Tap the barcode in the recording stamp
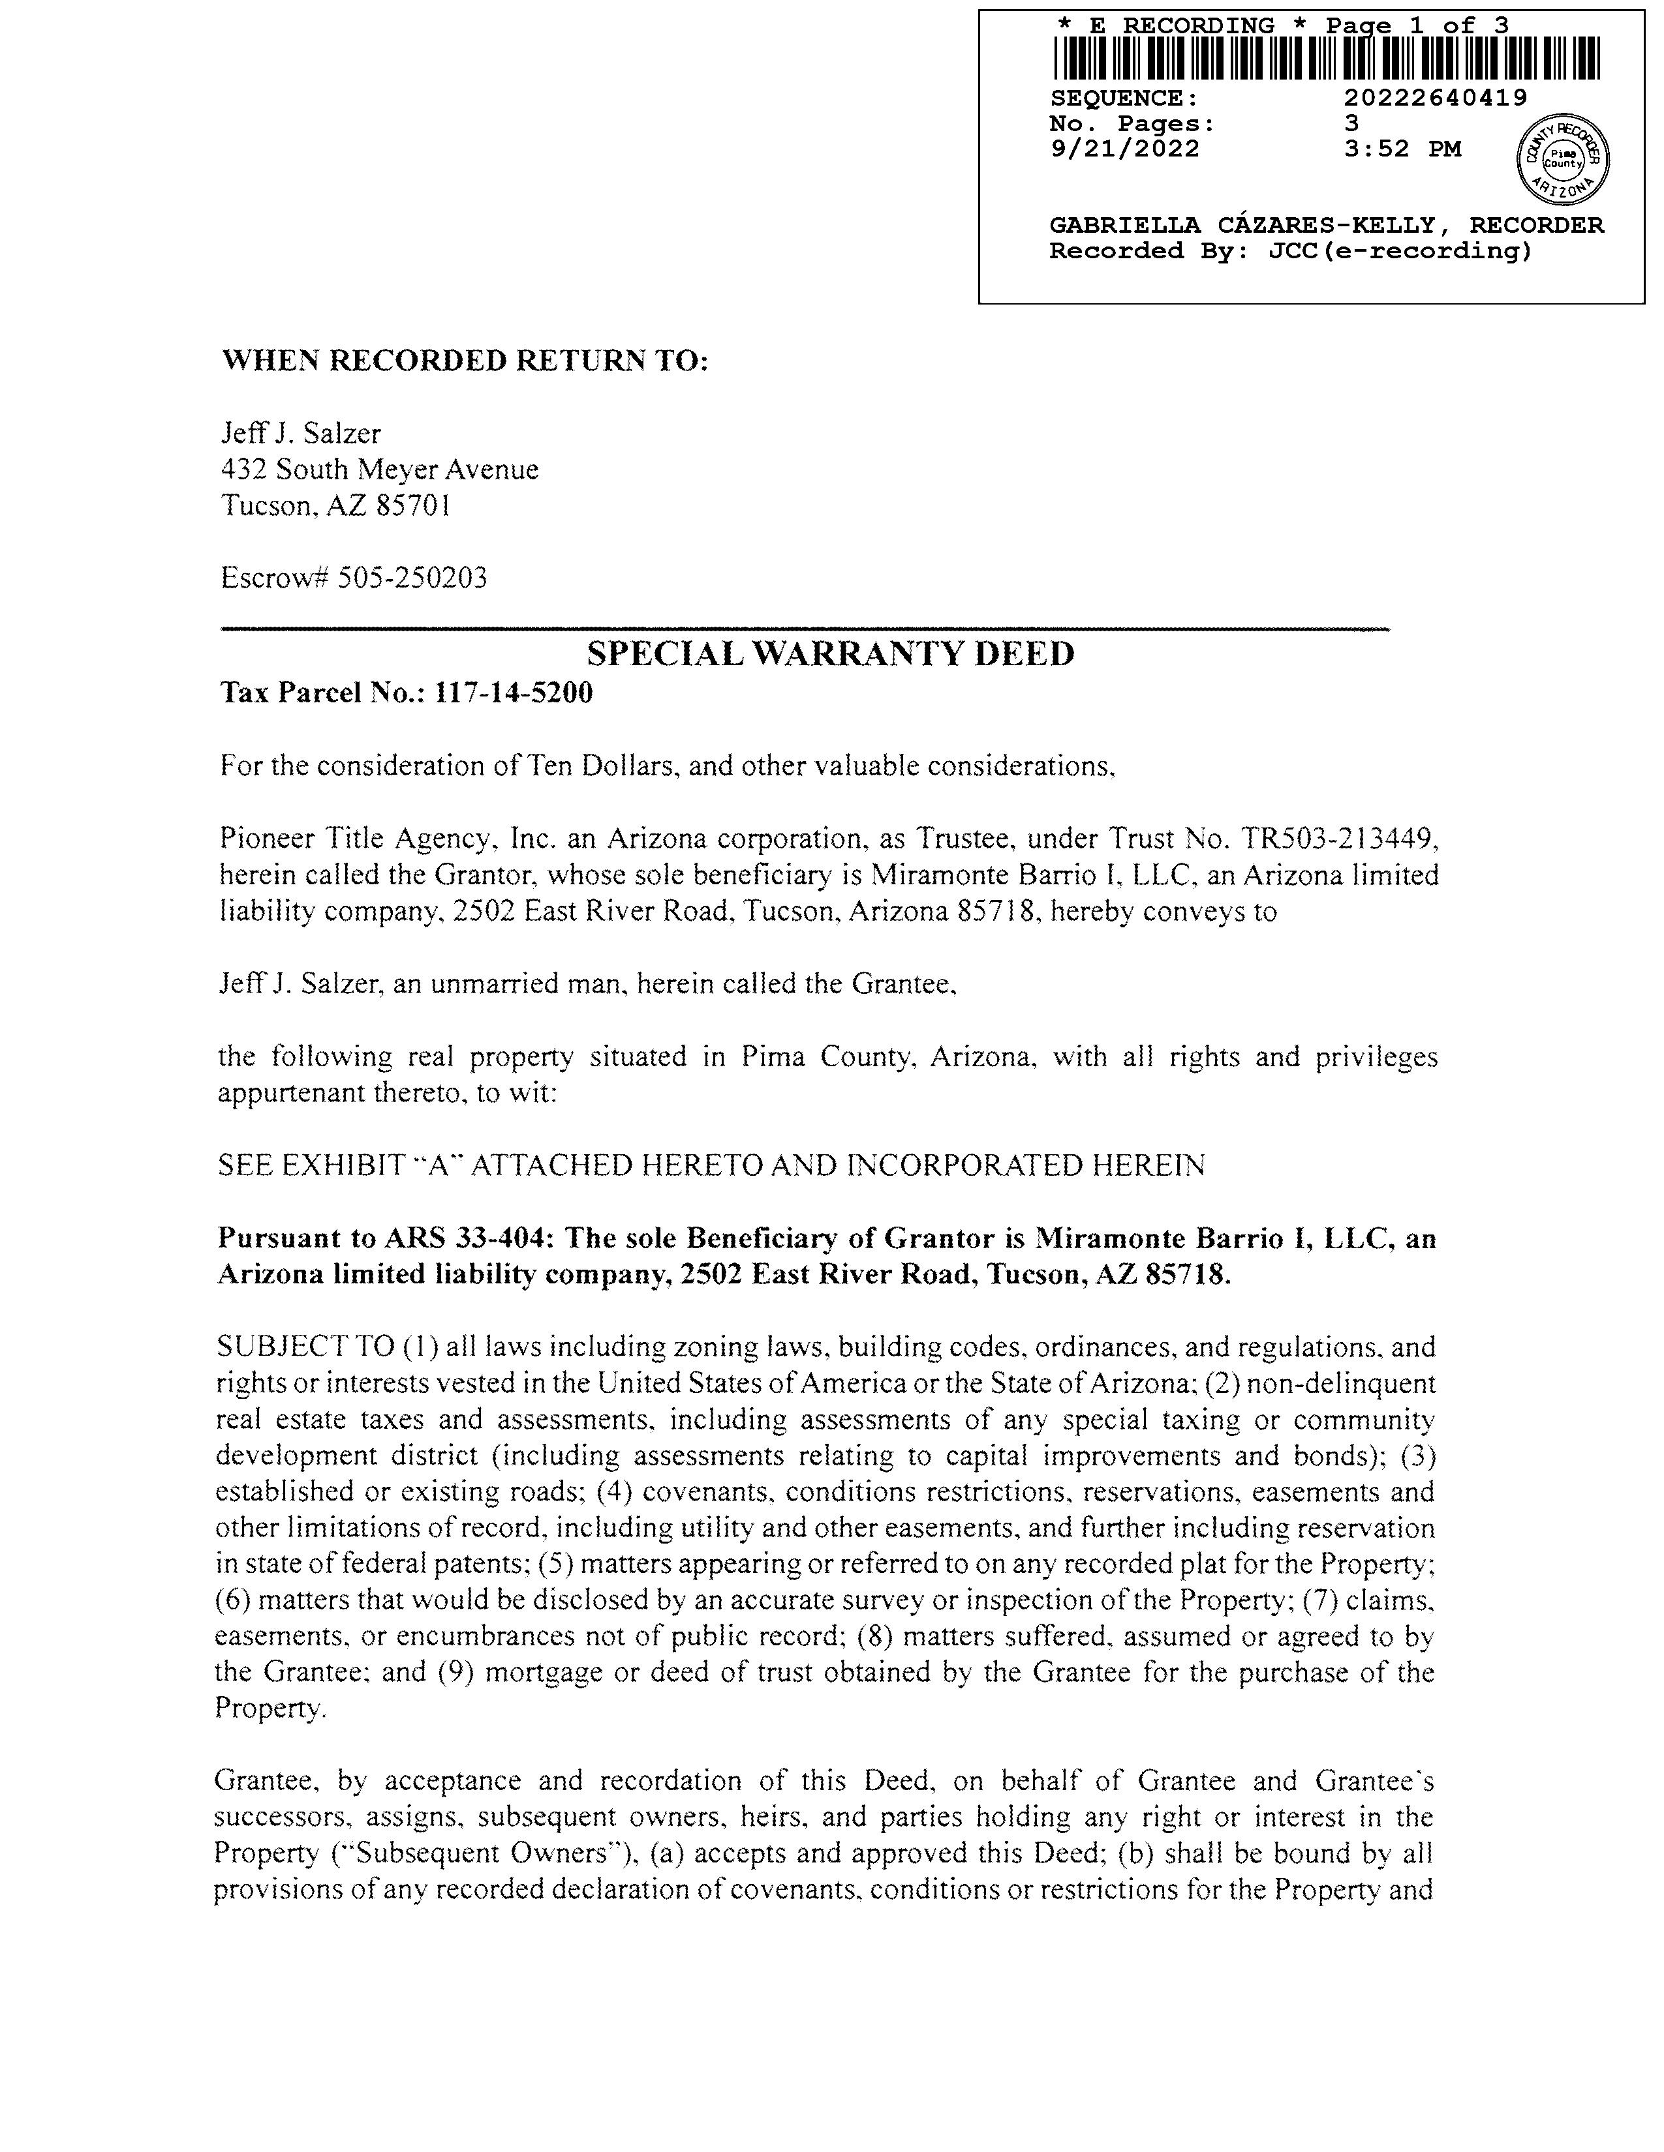[x=1326, y=58]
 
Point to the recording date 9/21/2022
[x=1125, y=149]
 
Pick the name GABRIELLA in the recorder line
[x=1125, y=226]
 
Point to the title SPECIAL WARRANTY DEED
[x=830, y=653]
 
